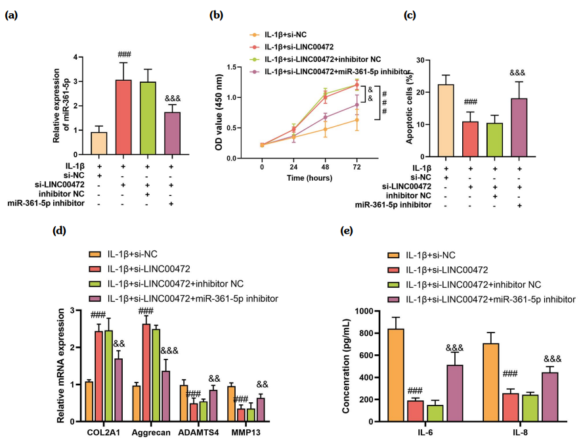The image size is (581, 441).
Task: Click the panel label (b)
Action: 217,15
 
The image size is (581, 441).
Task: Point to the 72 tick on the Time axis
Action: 356,167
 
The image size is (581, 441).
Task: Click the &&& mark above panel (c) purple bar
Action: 517,72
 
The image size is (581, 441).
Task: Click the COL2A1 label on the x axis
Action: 103,433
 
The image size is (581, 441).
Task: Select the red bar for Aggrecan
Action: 146,372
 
